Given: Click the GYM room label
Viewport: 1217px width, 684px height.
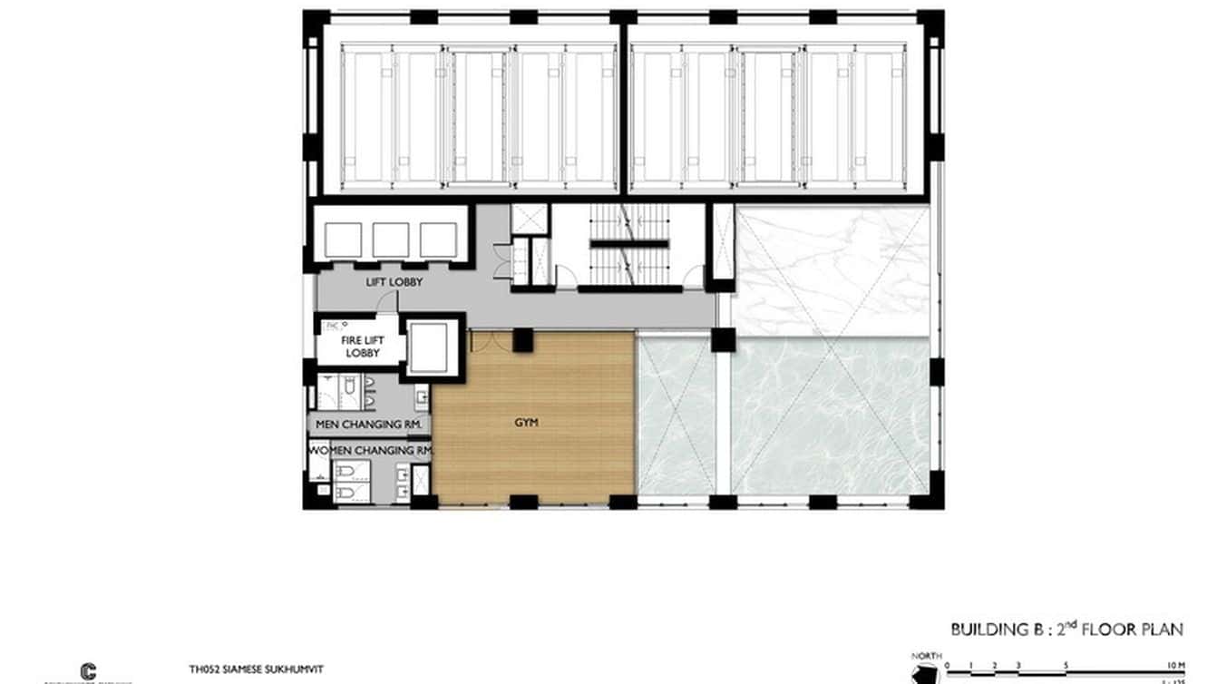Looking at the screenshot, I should pos(525,422).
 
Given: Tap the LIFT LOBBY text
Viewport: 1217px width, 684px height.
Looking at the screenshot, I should pos(394,282).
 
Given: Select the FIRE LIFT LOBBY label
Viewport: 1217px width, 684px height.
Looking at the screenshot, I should pos(360,346).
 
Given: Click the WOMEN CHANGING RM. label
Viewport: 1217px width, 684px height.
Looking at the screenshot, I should pos(371,450).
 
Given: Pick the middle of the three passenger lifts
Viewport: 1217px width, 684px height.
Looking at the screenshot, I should pos(391,239).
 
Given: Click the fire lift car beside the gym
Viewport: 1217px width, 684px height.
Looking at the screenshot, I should pos(432,346).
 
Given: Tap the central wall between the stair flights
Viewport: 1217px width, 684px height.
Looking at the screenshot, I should pos(629,244).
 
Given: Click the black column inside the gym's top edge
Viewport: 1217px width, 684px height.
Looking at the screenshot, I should pos(522,340).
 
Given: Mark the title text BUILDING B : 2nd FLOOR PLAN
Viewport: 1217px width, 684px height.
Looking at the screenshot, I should pos(1066,629).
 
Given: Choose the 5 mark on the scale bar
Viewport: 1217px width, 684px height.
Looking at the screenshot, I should pos(1066,665).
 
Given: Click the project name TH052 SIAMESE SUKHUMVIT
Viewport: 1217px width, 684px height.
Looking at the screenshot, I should pos(257,669).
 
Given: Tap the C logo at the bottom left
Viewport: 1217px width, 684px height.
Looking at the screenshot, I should pos(89,669).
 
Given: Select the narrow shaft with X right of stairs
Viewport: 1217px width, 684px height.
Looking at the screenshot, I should pos(722,241).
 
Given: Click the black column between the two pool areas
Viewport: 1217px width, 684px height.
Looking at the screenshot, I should pos(723,340).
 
